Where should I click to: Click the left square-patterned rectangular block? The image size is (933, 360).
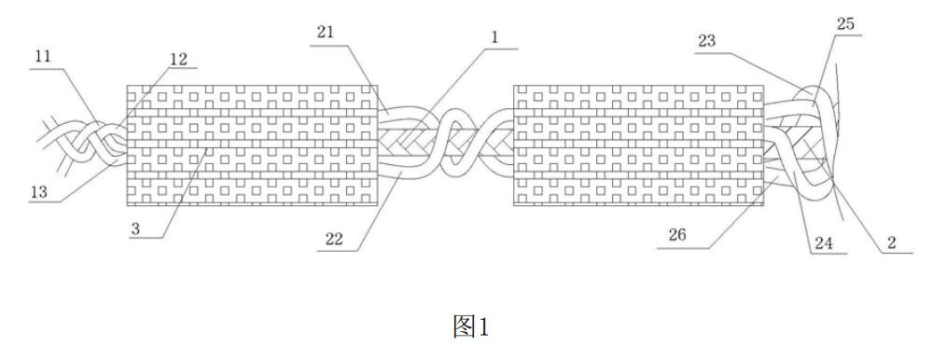click(252, 145)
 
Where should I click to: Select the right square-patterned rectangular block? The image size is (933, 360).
click(638, 145)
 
